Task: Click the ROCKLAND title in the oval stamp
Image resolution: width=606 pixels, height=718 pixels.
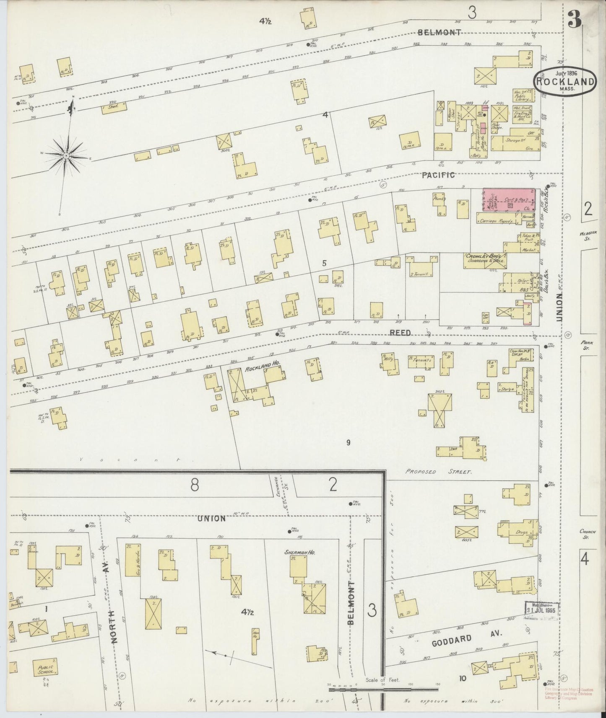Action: [565, 82]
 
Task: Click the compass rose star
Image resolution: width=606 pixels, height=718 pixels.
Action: [66, 155]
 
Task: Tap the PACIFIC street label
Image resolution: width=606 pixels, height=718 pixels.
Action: [439, 175]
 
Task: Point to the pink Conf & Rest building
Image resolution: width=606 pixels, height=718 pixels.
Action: [509, 200]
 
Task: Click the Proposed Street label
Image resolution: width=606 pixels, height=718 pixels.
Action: [439, 472]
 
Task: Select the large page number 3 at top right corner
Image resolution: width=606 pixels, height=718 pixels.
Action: [574, 20]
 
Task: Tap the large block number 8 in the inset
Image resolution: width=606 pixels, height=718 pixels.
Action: [194, 485]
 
